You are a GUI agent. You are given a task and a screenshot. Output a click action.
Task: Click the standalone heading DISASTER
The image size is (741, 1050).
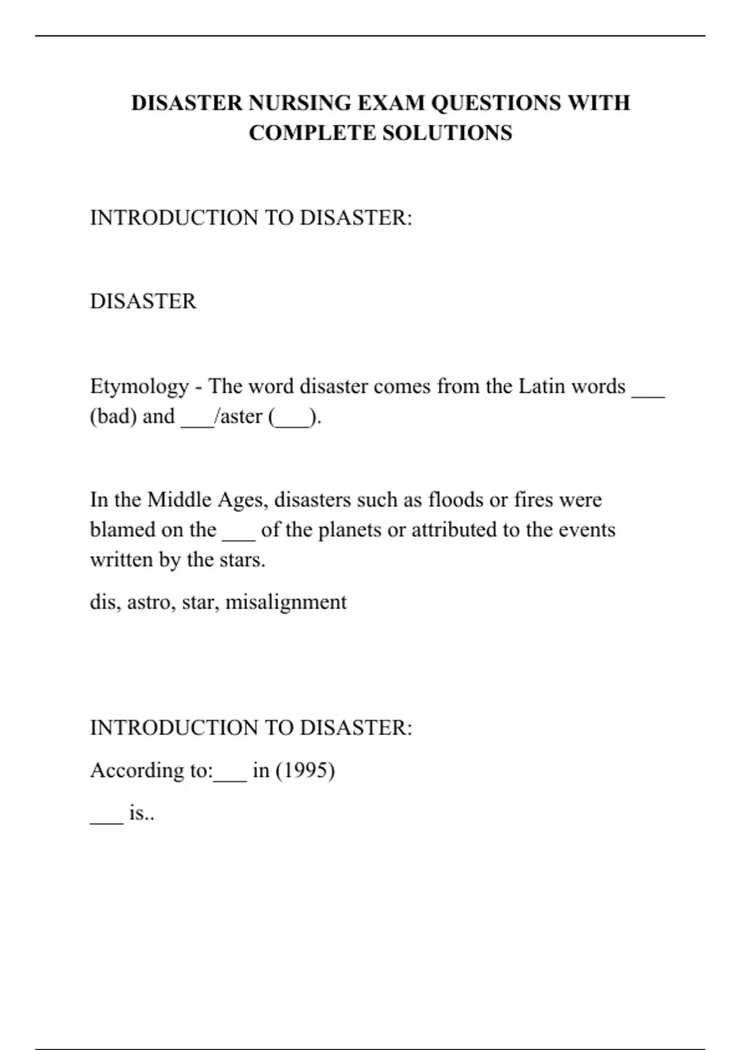[143, 301]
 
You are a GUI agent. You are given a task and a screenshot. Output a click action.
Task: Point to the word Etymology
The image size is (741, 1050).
[140, 387]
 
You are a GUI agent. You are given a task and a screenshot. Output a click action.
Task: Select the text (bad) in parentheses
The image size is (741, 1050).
[114, 416]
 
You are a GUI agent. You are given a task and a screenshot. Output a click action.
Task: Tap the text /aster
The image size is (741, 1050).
[238, 416]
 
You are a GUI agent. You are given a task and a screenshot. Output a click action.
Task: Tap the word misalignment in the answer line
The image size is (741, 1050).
[286, 602]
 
